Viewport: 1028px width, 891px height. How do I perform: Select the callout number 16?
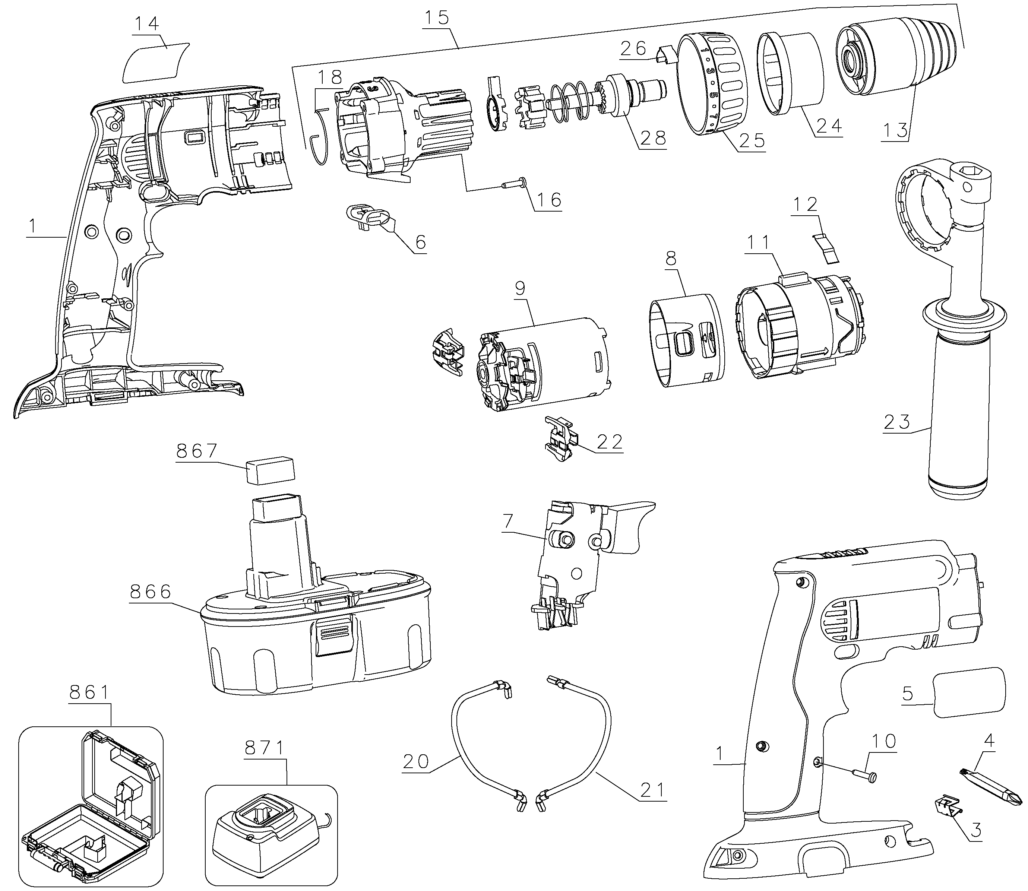click(x=549, y=200)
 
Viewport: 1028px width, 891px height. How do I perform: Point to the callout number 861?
click(x=89, y=692)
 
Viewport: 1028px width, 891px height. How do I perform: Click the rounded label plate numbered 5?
click(x=969, y=692)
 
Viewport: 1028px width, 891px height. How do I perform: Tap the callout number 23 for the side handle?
click(x=897, y=422)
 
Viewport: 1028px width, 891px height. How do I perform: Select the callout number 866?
click(x=151, y=592)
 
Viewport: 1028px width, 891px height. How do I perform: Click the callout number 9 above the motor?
click(x=520, y=288)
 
